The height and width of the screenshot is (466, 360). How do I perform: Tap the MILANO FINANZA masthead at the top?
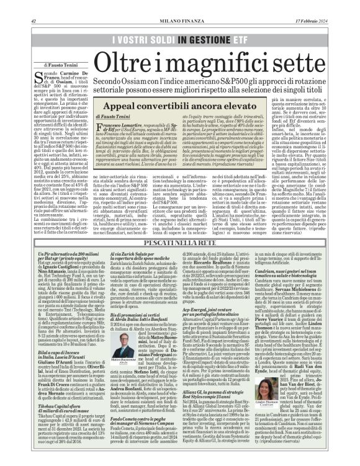(179, 6)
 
